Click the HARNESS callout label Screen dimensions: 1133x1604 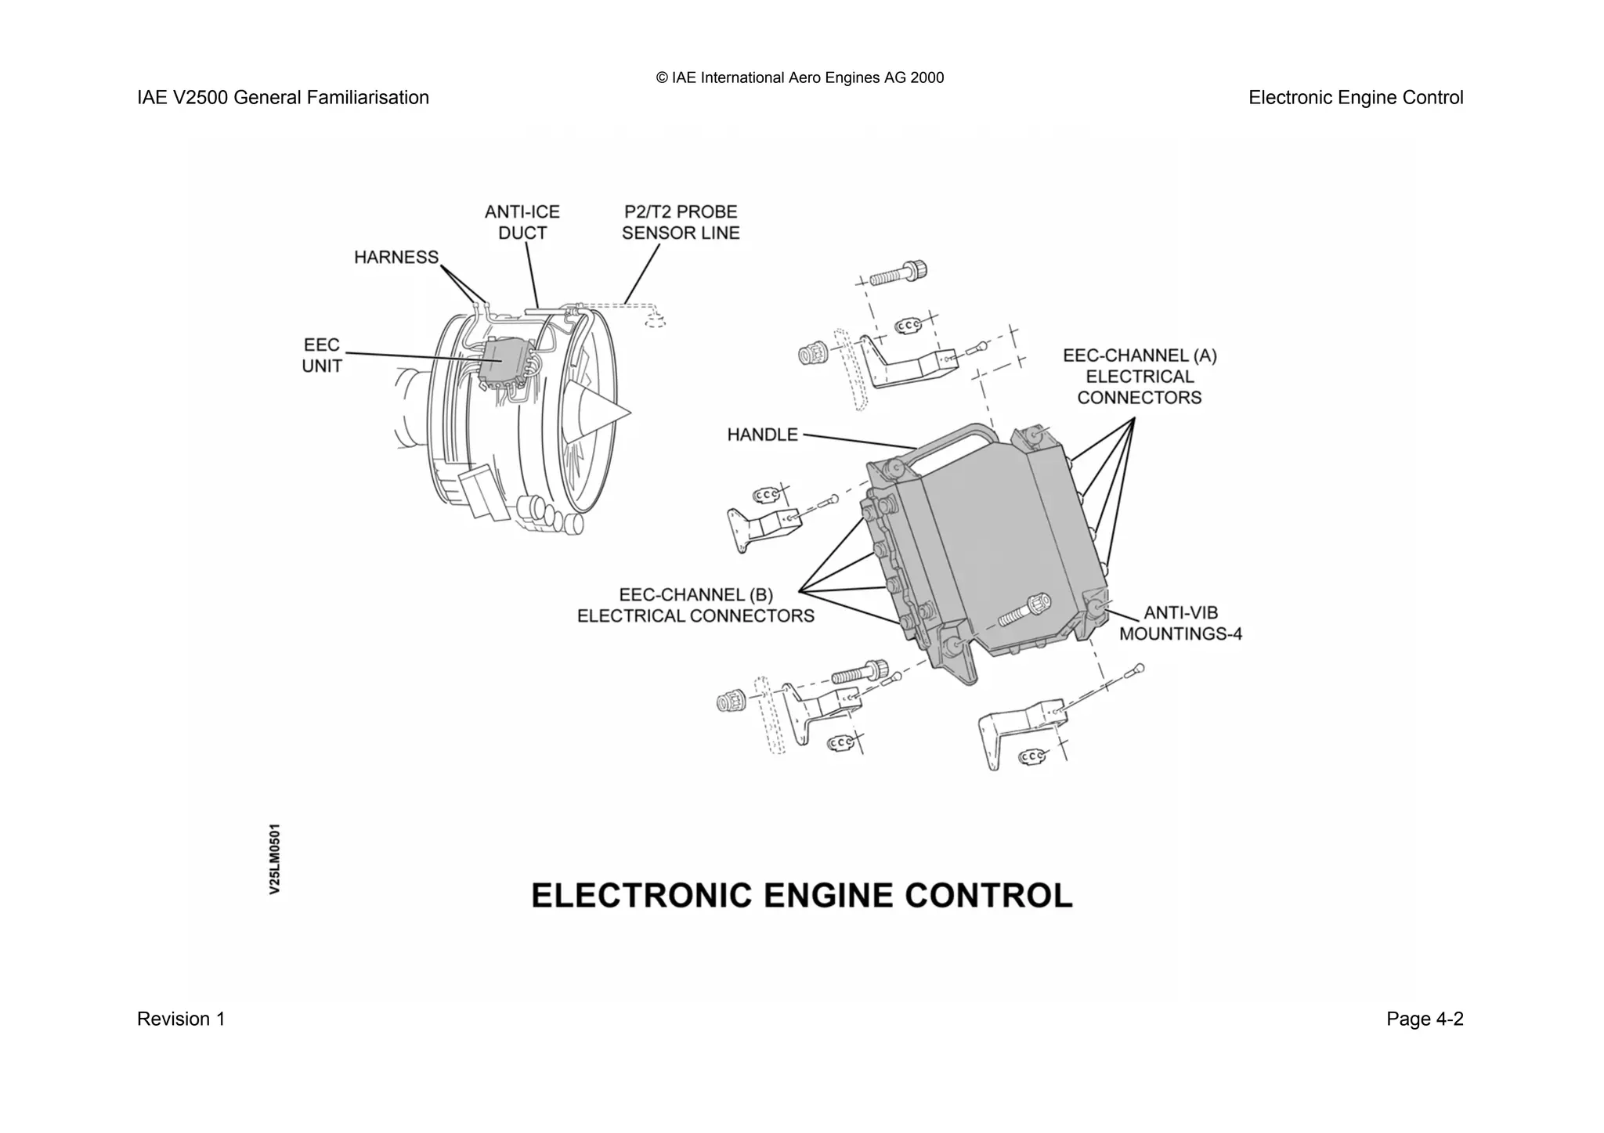(396, 258)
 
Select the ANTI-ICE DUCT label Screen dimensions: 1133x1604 (522, 222)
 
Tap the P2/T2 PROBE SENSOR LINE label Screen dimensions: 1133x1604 (680, 222)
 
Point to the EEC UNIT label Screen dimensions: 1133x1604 (322, 355)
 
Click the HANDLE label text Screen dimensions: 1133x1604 (762, 435)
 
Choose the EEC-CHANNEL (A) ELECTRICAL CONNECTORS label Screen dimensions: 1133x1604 (1139, 377)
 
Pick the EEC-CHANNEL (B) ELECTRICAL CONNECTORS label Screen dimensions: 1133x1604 (695, 605)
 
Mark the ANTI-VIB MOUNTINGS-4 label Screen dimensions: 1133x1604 (1180, 623)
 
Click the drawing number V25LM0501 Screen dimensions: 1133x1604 (274, 858)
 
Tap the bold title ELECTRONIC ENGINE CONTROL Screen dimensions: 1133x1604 (801, 895)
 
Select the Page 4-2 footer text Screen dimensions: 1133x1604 (1424, 1019)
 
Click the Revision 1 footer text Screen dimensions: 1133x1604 (181, 1019)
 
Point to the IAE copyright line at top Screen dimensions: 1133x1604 (800, 78)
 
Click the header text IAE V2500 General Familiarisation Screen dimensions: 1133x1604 (283, 98)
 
